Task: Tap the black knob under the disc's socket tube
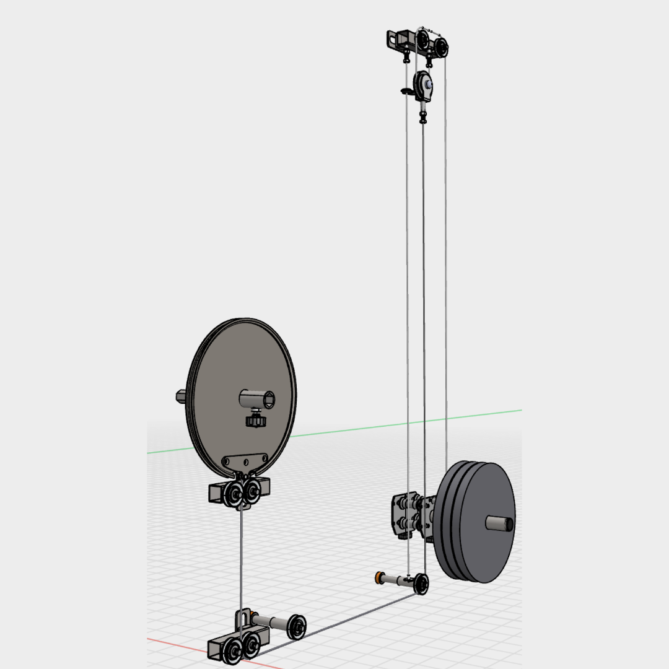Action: (x=255, y=421)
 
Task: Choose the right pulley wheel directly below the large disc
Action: (x=252, y=492)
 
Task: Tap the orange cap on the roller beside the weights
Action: (x=378, y=578)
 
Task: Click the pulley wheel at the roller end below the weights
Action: (x=421, y=584)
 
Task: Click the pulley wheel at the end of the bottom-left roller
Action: (x=297, y=626)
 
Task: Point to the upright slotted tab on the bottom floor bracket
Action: (x=242, y=619)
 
